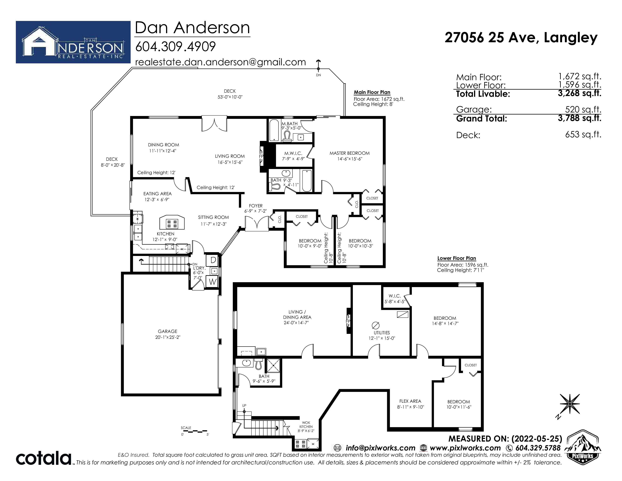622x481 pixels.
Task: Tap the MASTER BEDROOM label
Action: pos(349,153)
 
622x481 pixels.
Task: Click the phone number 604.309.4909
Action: pos(175,46)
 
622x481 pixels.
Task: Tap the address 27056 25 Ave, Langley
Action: pos(521,38)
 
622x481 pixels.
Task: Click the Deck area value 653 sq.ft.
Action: pos(583,134)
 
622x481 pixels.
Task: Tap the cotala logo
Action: pos(44,458)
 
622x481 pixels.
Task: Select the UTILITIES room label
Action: pos(382,333)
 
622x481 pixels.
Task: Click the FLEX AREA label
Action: pos(410,401)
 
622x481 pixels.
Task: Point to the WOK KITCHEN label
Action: pos(306,425)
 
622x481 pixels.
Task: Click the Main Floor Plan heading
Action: pos(372,92)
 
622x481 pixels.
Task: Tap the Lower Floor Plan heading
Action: pos(457,258)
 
